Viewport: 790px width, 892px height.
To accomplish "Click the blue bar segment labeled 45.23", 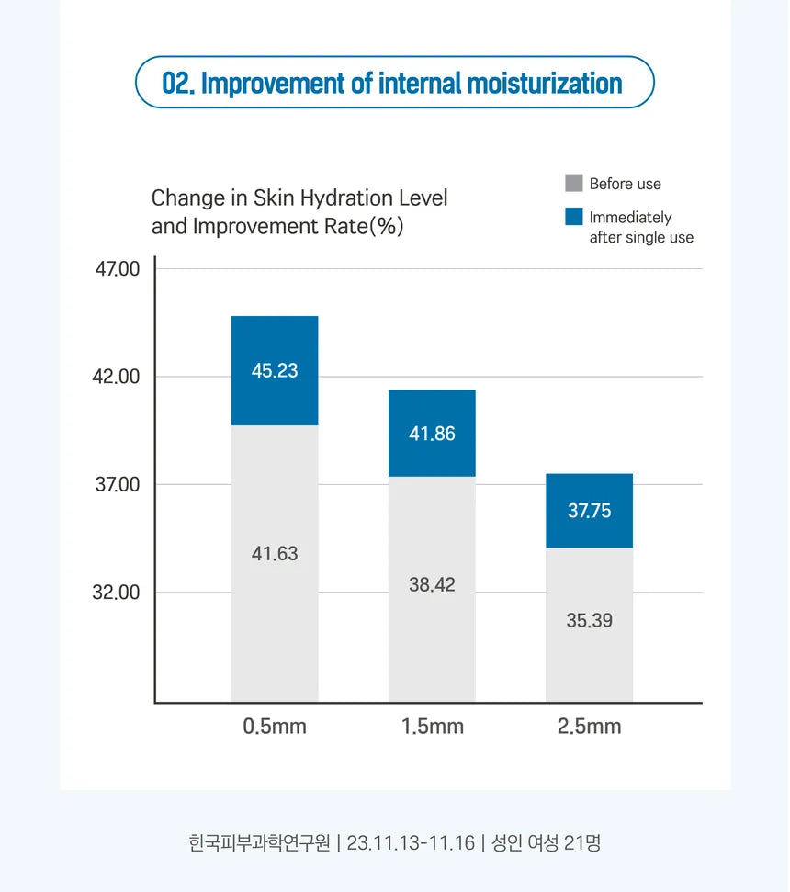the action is [275, 370].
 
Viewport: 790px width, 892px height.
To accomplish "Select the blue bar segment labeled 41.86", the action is [432, 433].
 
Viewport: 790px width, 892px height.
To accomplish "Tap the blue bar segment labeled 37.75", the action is [589, 510].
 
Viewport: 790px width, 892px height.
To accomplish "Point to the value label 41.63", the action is [275, 554].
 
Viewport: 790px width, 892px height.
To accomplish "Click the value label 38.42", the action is [432, 584].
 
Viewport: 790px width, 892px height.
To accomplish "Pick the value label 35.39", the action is [589, 620].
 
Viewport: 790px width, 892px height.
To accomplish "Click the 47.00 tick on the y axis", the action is [118, 268].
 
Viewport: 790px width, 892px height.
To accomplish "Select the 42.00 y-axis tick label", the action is [116, 377].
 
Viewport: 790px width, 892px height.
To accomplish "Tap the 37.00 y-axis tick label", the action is [118, 485].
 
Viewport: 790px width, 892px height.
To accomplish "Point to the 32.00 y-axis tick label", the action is [116, 593].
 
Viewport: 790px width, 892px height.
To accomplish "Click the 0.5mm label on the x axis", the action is [275, 727].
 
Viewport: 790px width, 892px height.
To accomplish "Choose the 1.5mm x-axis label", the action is [433, 727].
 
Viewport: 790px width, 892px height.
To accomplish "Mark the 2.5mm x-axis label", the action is [589, 727].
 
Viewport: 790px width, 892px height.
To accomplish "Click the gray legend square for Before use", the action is [574, 183].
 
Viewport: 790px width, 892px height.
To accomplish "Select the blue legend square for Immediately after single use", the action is [574, 217].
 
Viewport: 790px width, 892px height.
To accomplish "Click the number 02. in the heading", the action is [178, 83].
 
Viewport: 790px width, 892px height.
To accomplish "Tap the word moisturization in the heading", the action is [545, 83].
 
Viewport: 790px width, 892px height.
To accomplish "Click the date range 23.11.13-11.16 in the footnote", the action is [410, 843].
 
